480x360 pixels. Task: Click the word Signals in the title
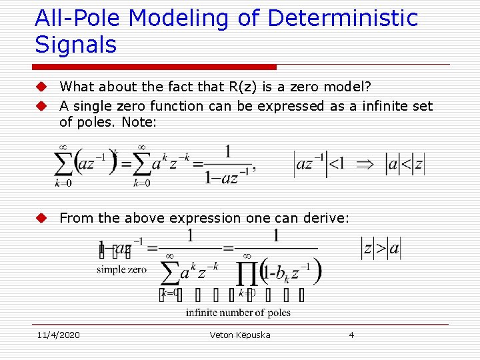point(75,45)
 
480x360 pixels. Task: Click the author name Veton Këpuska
point(240,335)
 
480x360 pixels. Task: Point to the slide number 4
point(351,335)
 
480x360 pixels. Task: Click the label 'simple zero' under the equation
point(121,269)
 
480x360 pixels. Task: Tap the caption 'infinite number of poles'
point(238,313)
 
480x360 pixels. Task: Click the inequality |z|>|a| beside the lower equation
point(381,248)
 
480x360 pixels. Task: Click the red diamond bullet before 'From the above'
point(41,218)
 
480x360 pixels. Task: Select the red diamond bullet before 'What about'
point(41,87)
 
